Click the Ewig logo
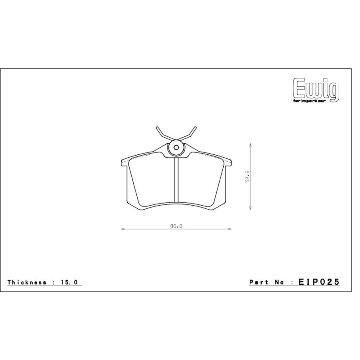pos(316,90)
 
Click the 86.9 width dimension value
pos(176,226)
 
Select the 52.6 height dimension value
pos(248,176)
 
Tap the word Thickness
pos(27,282)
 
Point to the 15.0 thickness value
pos(70,282)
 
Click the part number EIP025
pos(319,282)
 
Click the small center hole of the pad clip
pos(176,148)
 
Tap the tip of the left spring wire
pos(157,128)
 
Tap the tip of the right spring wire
pos(195,128)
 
